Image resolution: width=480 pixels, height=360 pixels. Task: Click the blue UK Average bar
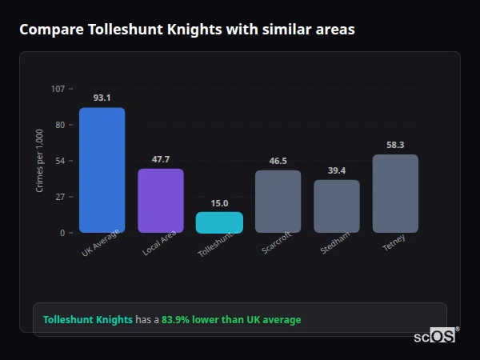(x=102, y=170)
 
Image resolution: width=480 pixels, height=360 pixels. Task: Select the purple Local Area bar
(x=161, y=201)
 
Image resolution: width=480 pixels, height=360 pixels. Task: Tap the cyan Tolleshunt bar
(x=219, y=222)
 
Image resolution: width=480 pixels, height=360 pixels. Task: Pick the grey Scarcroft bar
(x=278, y=202)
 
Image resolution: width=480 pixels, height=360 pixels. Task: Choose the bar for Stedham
(x=337, y=206)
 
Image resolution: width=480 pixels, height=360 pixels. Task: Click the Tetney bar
(x=395, y=194)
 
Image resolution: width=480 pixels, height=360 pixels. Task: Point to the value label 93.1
(x=102, y=98)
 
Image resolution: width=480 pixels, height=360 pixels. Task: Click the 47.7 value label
(x=161, y=159)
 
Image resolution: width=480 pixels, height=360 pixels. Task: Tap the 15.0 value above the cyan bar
(x=219, y=203)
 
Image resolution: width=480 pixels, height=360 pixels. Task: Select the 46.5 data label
(x=278, y=161)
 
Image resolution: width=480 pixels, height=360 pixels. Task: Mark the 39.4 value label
(x=337, y=170)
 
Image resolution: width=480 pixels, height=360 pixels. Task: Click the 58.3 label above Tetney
(x=395, y=145)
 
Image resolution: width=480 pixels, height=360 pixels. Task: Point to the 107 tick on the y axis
(x=58, y=88)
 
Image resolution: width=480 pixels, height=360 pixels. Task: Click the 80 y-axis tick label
(x=59, y=125)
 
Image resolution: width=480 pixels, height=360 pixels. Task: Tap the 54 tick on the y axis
(x=59, y=161)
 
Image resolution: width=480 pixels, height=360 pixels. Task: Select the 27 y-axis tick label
(x=59, y=197)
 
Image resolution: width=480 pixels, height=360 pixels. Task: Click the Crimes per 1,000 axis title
(x=40, y=161)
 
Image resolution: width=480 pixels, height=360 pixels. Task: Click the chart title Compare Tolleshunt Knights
(x=187, y=30)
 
